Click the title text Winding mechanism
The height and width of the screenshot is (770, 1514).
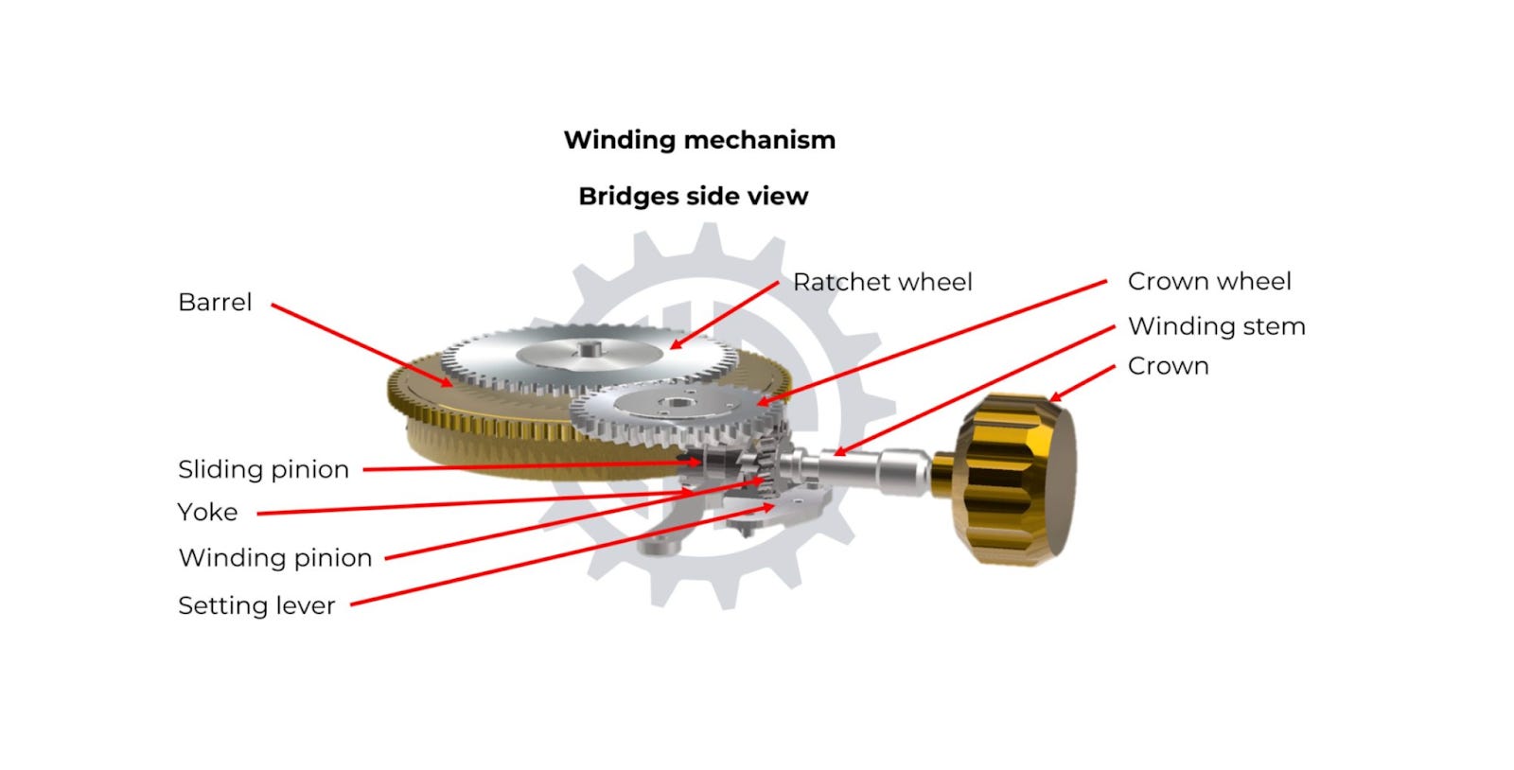(x=699, y=140)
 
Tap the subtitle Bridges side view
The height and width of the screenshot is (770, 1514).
(x=694, y=196)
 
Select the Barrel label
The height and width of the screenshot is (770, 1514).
(x=215, y=303)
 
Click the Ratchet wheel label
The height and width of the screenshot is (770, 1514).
(x=882, y=282)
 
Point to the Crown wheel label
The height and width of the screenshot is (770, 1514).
(x=1208, y=281)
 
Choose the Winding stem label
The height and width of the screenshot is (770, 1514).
(x=1216, y=326)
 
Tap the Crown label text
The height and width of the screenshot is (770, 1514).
(x=1168, y=366)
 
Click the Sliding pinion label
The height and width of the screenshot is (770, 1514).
(x=263, y=469)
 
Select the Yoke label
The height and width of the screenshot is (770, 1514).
(x=207, y=513)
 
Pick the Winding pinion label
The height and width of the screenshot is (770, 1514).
(x=274, y=558)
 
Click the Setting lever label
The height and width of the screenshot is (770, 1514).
(x=256, y=605)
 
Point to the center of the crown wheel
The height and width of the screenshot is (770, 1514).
(x=675, y=405)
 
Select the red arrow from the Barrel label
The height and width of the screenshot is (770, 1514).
(x=360, y=344)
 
